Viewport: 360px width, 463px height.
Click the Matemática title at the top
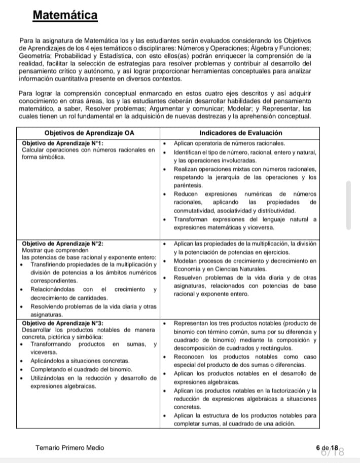(65, 16)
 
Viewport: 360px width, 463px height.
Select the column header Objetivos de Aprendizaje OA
(89, 133)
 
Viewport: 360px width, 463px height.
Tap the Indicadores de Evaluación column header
(241, 133)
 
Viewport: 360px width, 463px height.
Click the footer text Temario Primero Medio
(69, 448)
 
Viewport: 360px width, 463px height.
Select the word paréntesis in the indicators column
(188, 185)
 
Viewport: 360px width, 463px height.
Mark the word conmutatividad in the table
(198, 210)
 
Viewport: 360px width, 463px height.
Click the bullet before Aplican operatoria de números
(165, 143)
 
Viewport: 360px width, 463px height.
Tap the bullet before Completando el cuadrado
(20, 369)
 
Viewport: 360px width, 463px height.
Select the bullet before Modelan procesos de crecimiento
(165, 260)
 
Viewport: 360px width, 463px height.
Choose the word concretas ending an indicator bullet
(188, 407)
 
